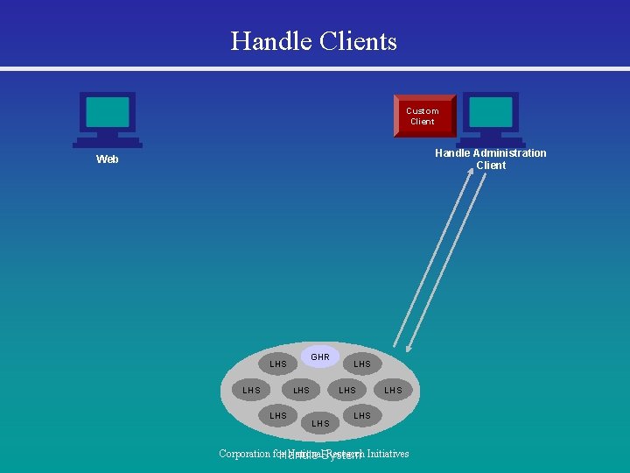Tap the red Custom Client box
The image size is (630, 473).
coord(423,116)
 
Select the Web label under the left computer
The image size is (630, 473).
coord(108,159)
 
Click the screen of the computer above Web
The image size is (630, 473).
coord(108,112)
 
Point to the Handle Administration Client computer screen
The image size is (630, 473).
coord(490,112)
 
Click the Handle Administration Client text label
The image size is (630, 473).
coord(491,159)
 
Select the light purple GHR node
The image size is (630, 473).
coord(320,357)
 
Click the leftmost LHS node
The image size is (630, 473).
coord(251,390)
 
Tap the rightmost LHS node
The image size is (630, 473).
coord(394,390)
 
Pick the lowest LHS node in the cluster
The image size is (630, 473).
coord(321,423)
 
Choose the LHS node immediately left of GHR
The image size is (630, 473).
coord(278,364)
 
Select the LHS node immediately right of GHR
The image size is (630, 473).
coord(362,364)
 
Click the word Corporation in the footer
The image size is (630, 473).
coord(245,454)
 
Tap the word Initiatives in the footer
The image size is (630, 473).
coord(388,454)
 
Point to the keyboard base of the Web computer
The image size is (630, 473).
coord(108,142)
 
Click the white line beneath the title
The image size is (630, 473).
coord(315,68)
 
